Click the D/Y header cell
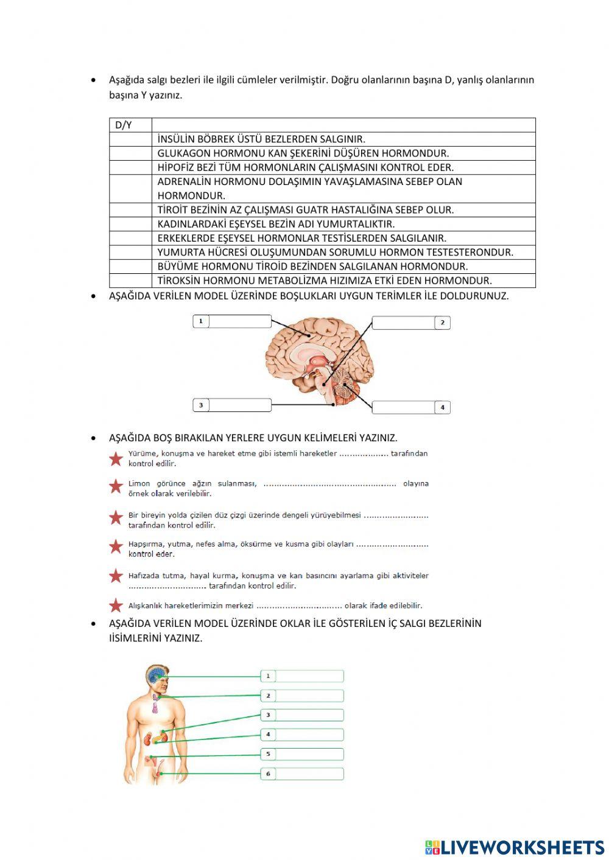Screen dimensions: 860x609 (x=130, y=125)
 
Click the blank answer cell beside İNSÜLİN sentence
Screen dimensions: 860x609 (x=130, y=139)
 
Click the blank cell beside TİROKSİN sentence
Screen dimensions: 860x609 (x=130, y=281)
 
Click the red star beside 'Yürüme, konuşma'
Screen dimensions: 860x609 (x=116, y=459)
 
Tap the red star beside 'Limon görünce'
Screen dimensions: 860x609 (x=116, y=486)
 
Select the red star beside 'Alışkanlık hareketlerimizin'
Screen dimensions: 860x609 (x=116, y=606)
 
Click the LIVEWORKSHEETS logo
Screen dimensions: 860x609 (x=515, y=847)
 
